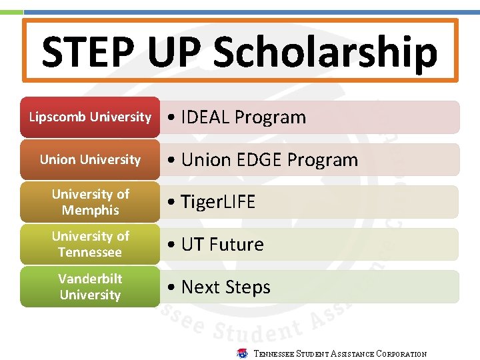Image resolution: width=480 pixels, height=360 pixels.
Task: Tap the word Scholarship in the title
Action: click(325, 52)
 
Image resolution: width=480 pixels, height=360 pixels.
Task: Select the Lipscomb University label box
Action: click(90, 117)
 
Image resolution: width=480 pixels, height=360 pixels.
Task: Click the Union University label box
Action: click(90, 159)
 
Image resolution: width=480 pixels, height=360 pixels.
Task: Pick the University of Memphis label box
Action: click(90, 202)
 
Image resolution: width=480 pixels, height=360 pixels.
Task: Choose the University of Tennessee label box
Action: click(90, 244)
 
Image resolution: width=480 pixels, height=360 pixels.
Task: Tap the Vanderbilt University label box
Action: click(90, 287)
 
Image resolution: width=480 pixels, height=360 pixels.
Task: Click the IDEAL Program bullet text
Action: click(237, 117)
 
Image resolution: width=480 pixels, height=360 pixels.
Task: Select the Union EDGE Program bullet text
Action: click(263, 160)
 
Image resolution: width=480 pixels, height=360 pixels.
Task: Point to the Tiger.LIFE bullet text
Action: click(211, 202)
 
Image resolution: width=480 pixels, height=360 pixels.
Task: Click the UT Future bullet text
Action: click(215, 245)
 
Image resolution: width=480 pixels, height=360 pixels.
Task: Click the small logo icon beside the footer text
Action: click(243, 353)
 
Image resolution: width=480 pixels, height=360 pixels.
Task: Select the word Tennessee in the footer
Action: click(274, 354)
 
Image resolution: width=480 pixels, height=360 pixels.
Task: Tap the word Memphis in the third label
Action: click(90, 210)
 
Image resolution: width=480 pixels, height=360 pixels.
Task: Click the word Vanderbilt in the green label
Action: click(90, 279)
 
